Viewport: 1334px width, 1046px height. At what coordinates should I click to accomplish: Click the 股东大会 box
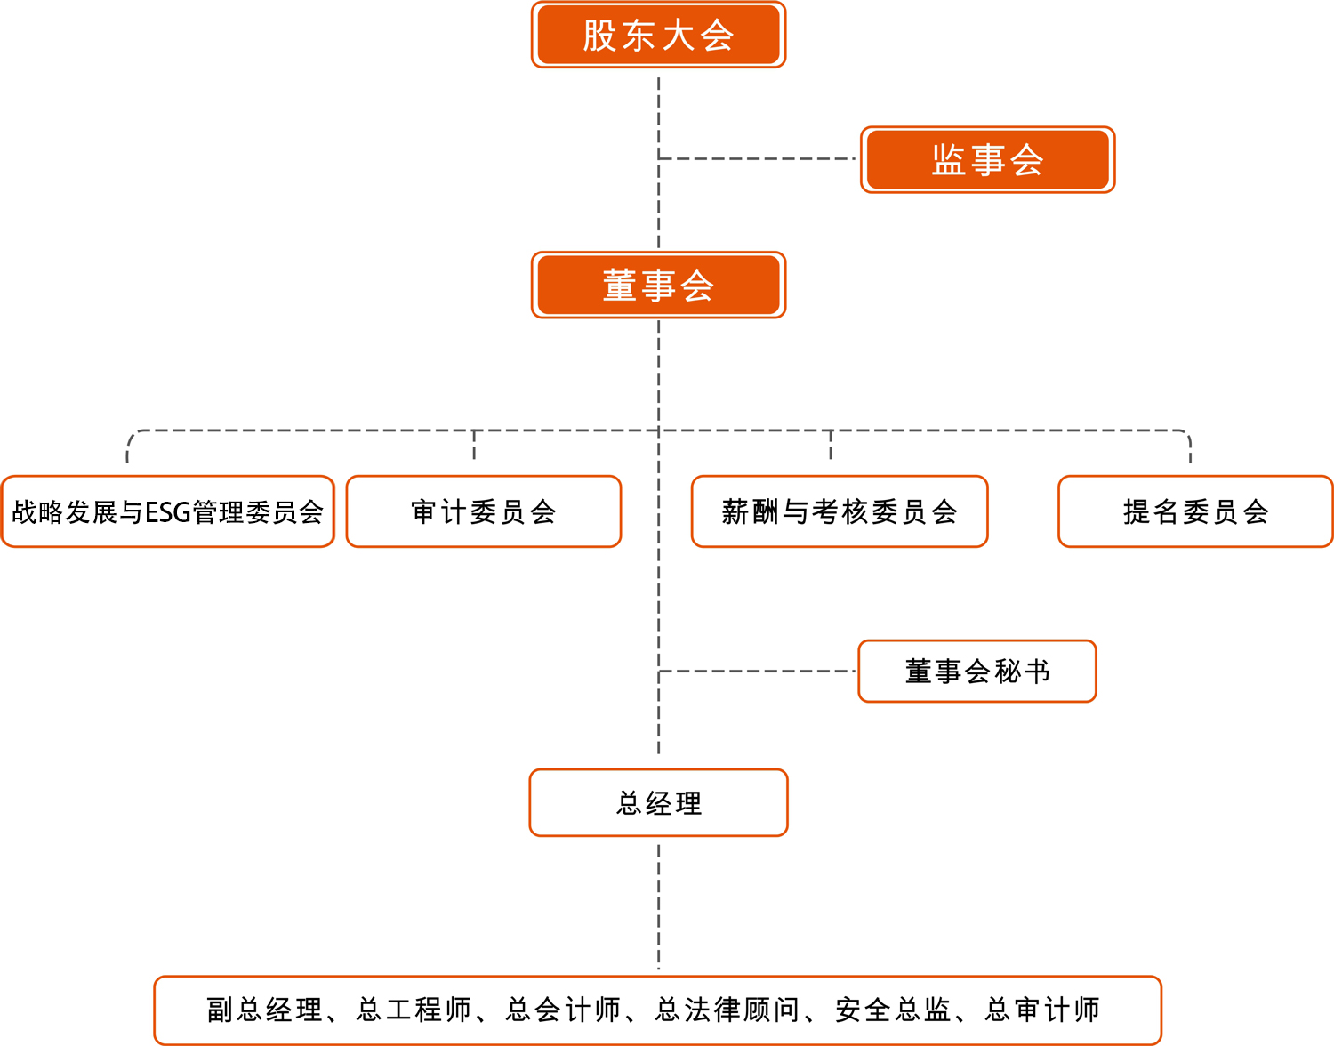click(658, 36)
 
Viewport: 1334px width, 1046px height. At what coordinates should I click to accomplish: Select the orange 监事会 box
click(987, 160)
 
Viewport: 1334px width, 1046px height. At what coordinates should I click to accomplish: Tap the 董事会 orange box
click(658, 286)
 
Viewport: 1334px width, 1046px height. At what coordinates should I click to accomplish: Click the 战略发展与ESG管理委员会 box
click(167, 512)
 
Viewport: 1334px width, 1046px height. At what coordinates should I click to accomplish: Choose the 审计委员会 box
click(483, 512)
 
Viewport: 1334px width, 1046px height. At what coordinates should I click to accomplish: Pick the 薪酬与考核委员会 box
click(839, 512)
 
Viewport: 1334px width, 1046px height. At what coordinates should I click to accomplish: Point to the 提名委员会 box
click(1194, 512)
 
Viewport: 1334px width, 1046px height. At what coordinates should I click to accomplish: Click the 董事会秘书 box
click(976, 672)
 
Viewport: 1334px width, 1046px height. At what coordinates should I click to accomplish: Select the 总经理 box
click(658, 803)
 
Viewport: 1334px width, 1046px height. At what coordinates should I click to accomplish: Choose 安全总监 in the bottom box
click(892, 1010)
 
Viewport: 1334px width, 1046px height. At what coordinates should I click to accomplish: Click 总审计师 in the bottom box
click(1042, 1010)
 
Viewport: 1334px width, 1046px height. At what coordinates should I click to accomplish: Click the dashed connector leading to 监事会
click(756, 159)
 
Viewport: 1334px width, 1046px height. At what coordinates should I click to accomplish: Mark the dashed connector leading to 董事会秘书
click(756, 672)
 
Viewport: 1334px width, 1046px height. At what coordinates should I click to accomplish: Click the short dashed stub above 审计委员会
click(474, 445)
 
